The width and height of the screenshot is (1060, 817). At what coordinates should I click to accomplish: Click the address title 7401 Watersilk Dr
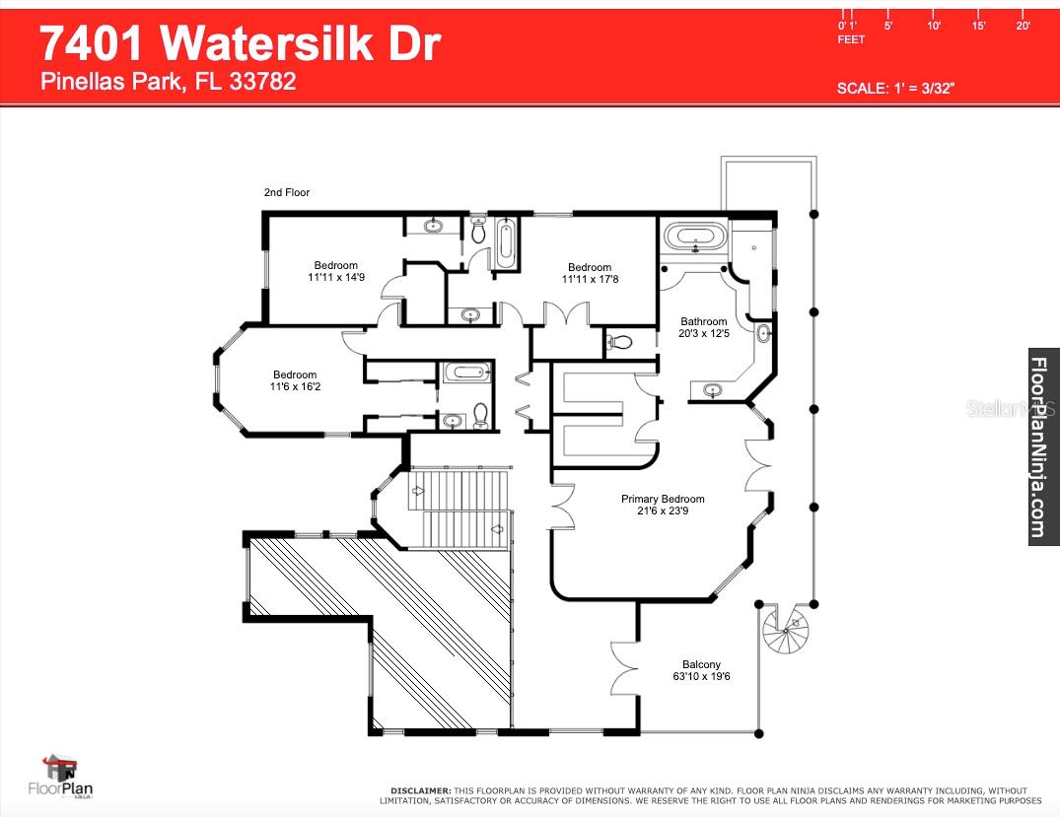pyautogui.click(x=240, y=44)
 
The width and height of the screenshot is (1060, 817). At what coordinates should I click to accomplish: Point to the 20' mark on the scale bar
pyautogui.click(x=1023, y=26)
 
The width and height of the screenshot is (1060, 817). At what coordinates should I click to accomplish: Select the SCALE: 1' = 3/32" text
pyautogui.click(x=895, y=88)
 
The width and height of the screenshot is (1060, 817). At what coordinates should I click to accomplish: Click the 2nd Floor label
pyautogui.click(x=287, y=192)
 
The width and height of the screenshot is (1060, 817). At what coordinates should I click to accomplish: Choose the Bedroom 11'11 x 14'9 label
pyautogui.click(x=336, y=271)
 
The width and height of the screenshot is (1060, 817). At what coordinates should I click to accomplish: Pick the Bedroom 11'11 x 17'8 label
pyautogui.click(x=590, y=273)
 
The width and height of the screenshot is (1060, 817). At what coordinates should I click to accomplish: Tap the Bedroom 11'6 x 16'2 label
pyautogui.click(x=295, y=380)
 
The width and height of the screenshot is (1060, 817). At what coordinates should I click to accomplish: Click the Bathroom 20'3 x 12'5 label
pyautogui.click(x=704, y=327)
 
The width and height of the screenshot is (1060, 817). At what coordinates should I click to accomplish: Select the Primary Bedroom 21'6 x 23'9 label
pyautogui.click(x=663, y=505)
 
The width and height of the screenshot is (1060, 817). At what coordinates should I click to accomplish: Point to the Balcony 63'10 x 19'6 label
pyautogui.click(x=701, y=670)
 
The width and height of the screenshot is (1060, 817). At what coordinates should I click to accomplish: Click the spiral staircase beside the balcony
pyautogui.click(x=785, y=633)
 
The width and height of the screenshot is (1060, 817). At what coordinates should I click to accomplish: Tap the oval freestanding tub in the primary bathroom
pyautogui.click(x=695, y=238)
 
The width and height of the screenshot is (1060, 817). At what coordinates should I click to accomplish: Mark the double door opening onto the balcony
pyautogui.click(x=624, y=669)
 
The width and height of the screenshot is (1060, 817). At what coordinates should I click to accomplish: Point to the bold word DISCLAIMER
pyautogui.click(x=420, y=790)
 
